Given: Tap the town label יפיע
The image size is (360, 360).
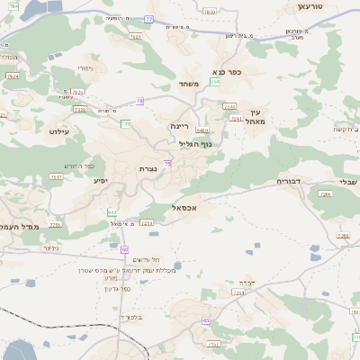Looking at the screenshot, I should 101,180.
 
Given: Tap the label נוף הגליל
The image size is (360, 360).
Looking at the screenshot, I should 194,144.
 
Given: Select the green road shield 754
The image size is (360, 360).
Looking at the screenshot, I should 214,82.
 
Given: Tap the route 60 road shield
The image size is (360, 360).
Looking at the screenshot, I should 124,249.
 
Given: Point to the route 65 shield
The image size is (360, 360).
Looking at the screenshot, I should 206,320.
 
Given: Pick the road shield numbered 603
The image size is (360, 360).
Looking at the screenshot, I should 111,212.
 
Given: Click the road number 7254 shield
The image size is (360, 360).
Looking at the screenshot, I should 238,292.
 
